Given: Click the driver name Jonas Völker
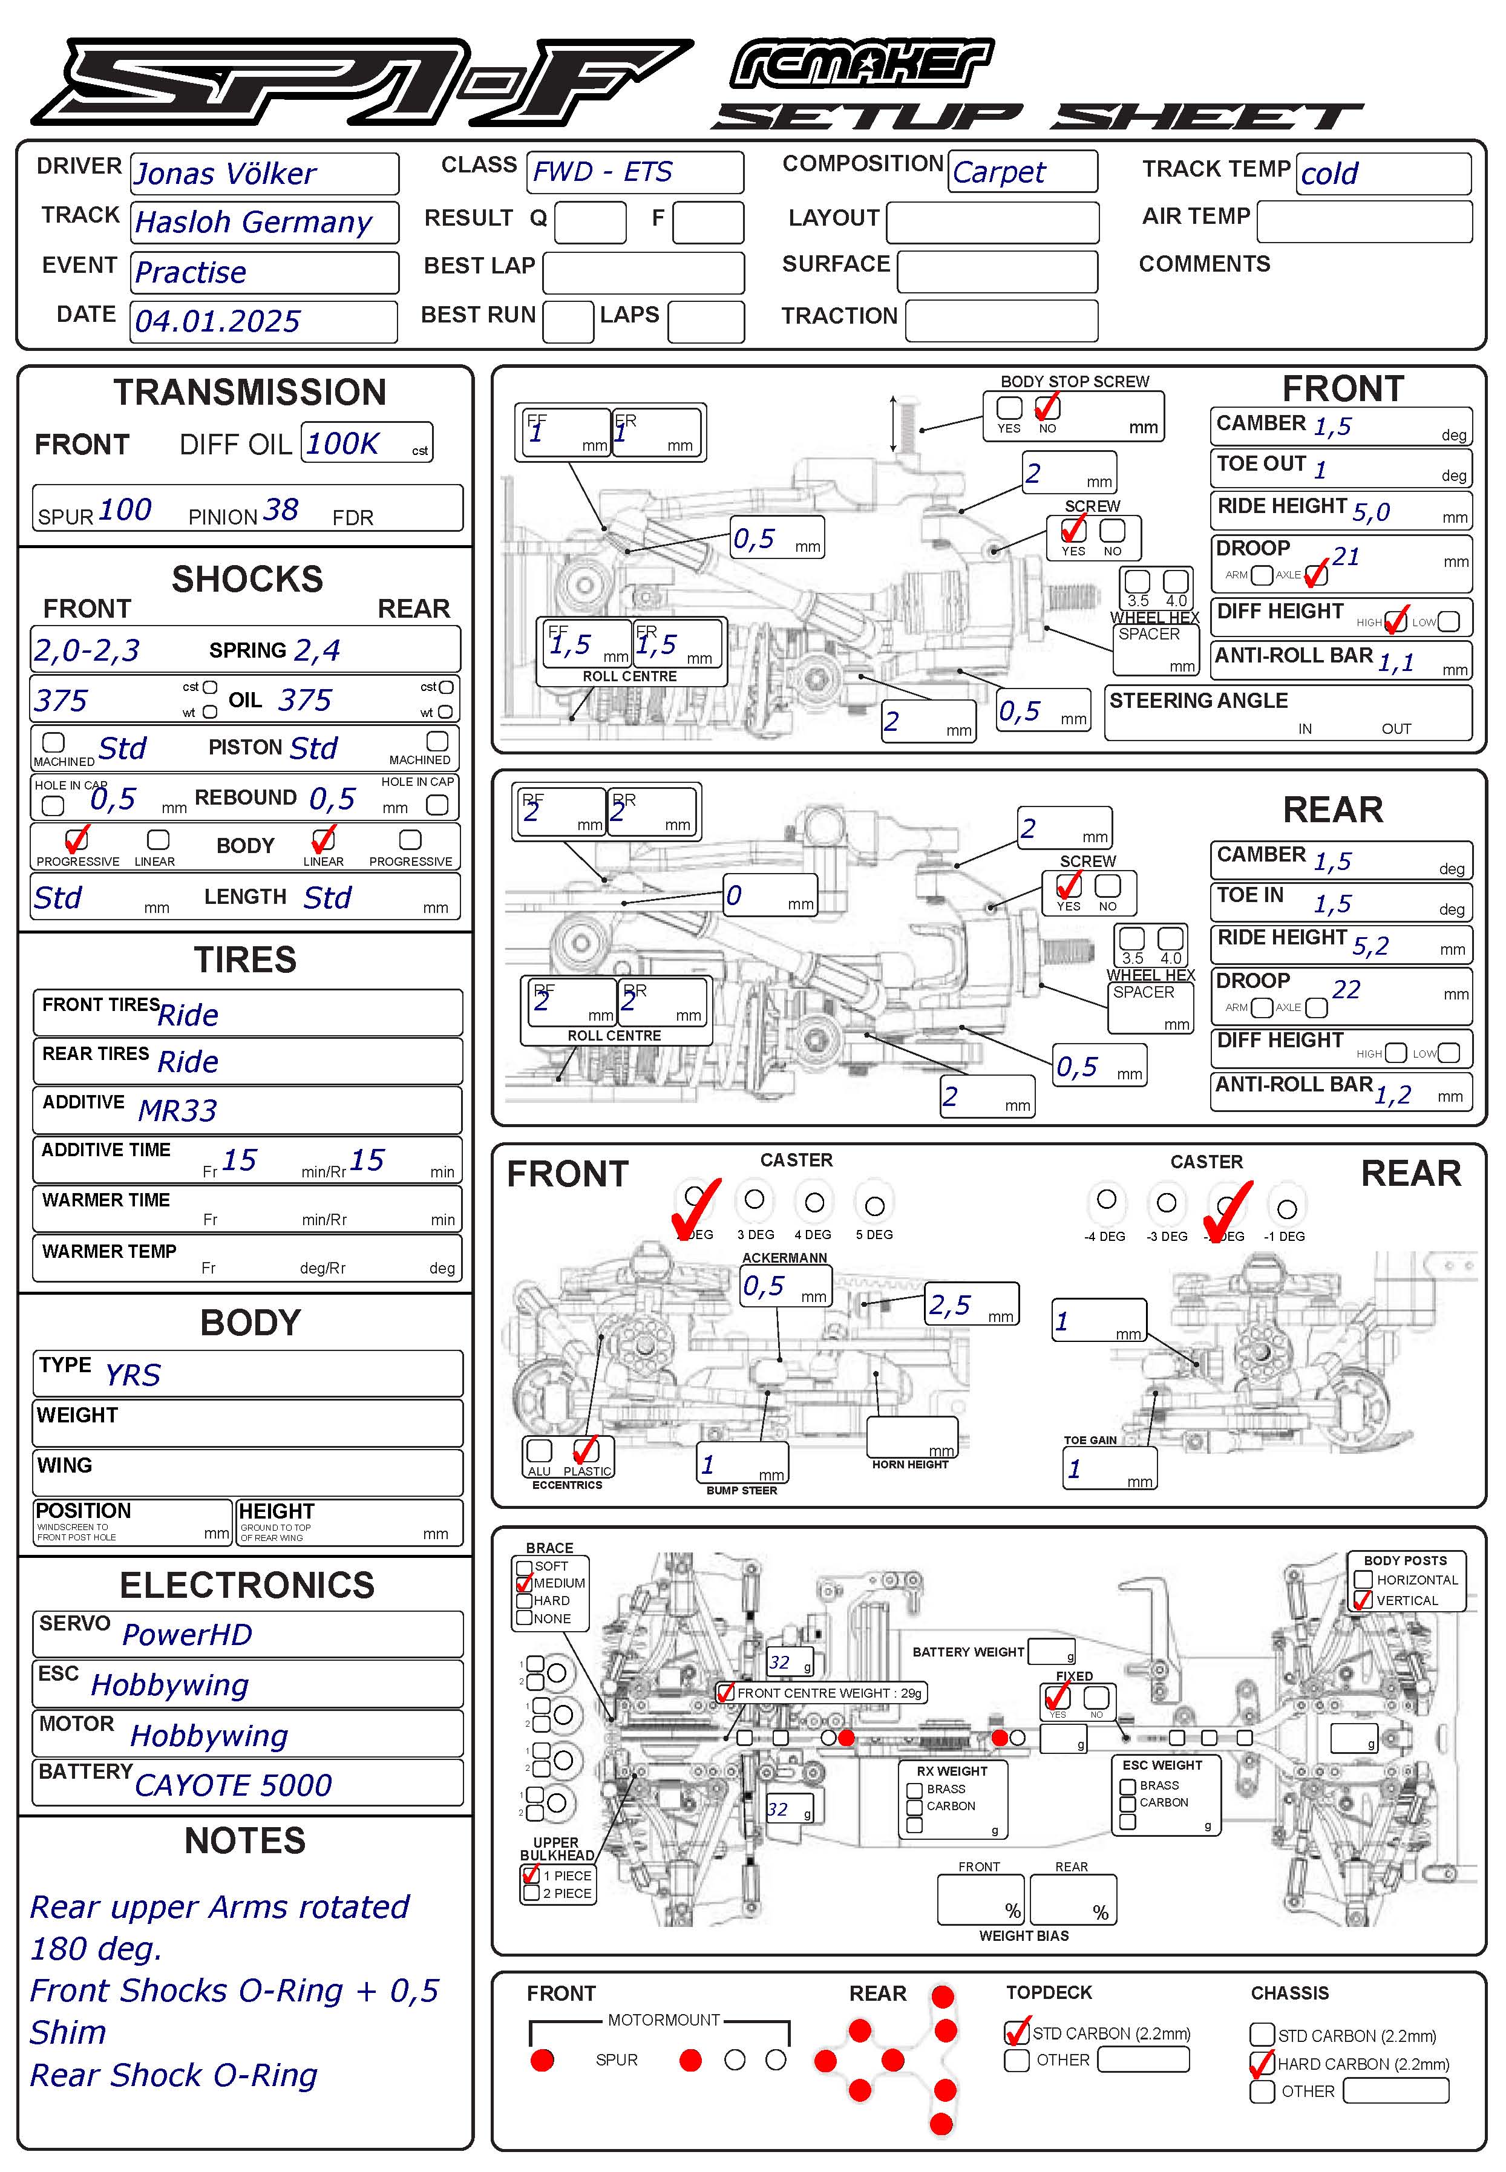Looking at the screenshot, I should [224, 174].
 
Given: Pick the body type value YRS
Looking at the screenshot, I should [132, 1375].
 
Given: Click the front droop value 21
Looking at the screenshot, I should [1346, 557].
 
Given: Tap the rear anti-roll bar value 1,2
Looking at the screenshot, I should [1393, 1094].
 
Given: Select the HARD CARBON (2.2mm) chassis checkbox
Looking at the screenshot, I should [1262, 2064].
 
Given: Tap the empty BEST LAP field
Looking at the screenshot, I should [644, 273].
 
